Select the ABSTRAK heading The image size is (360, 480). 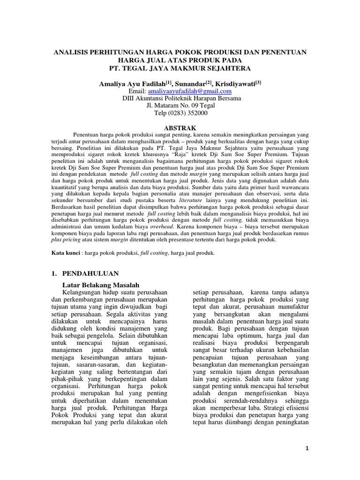click(180, 127)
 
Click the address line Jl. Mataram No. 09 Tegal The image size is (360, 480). click(180, 106)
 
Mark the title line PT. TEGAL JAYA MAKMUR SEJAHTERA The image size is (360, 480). click(180, 69)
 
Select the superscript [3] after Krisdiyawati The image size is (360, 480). click(258, 81)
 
